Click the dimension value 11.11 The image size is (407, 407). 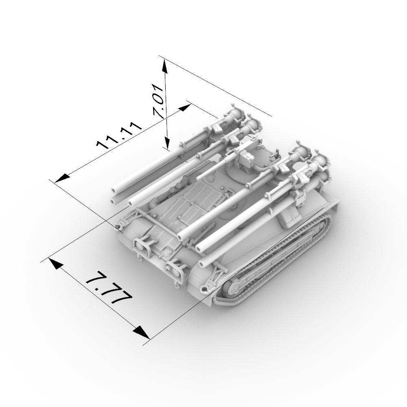click(x=119, y=135)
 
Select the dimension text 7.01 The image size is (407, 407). click(x=159, y=101)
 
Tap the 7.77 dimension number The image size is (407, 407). click(x=109, y=288)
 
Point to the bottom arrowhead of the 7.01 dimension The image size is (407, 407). click(x=167, y=142)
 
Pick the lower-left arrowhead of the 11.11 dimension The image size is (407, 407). click(x=63, y=178)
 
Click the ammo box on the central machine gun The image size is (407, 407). click(x=246, y=159)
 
